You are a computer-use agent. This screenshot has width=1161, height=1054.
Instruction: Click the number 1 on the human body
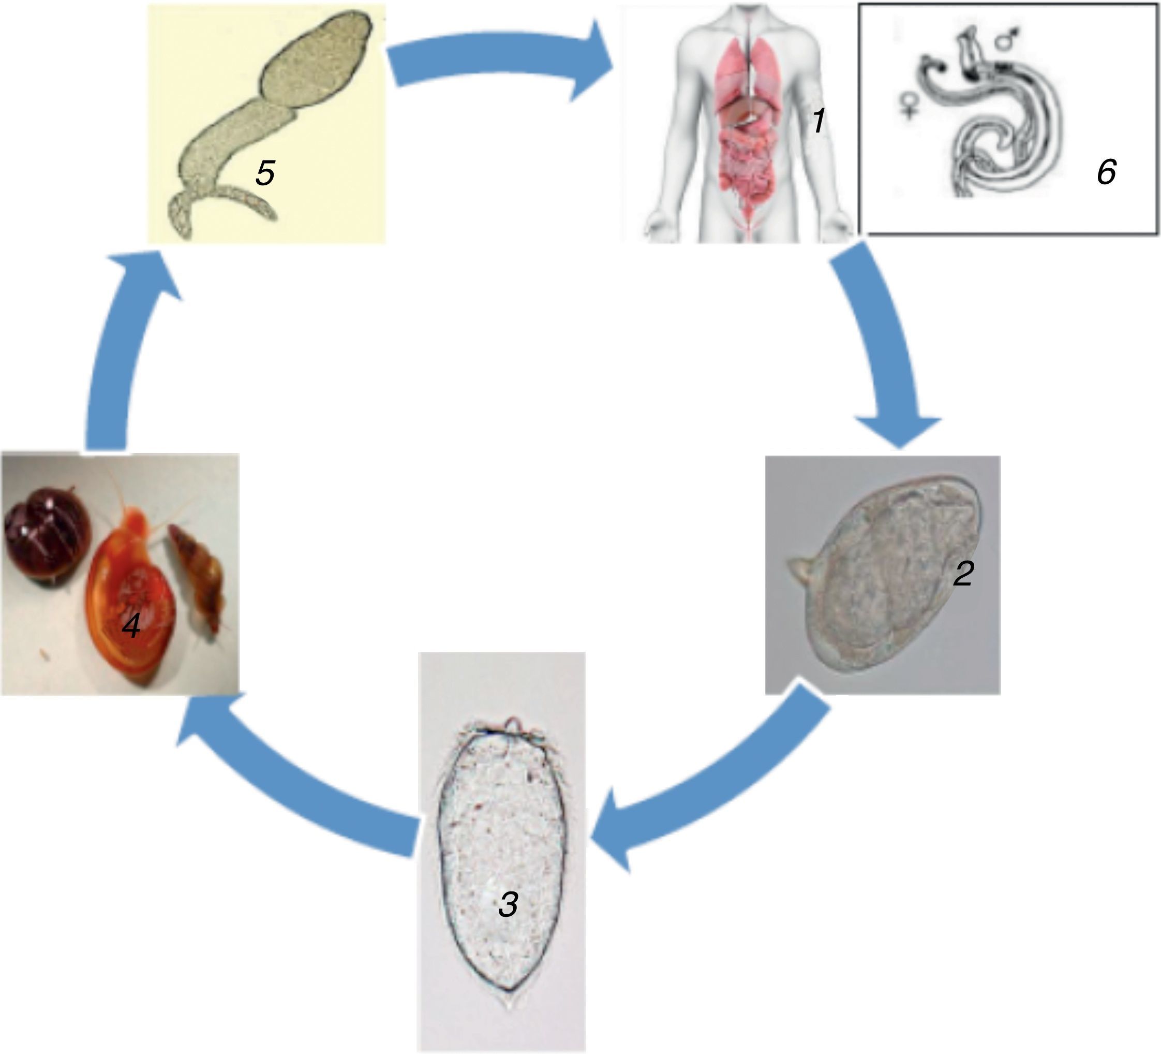pyautogui.click(x=818, y=122)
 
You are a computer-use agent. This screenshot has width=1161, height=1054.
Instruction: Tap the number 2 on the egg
pyautogui.click(x=963, y=574)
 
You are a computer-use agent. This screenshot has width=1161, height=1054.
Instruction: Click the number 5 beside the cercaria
pyautogui.click(x=265, y=173)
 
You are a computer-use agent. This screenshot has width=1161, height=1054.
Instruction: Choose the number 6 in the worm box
pyautogui.click(x=1106, y=172)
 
